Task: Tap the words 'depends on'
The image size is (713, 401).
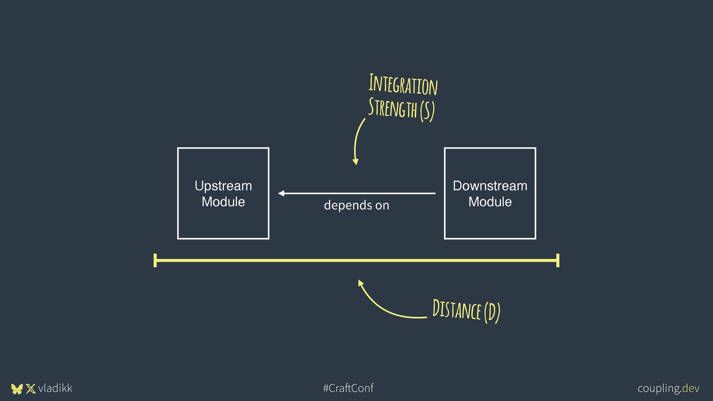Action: (x=356, y=205)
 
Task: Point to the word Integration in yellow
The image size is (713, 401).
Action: (x=403, y=85)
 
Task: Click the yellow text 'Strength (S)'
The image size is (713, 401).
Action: (x=401, y=109)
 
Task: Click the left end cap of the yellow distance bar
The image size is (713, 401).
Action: (x=155, y=260)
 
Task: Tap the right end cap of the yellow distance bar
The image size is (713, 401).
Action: (x=558, y=260)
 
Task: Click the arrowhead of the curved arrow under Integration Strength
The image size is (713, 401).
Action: (x=355, y=162)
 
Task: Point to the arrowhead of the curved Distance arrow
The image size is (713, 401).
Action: (x=360, y=283)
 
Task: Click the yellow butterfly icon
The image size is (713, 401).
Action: (x=17, y=389)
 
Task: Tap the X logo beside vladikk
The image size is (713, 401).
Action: (x=31, y=389)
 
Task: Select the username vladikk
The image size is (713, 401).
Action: (x=55, y=388)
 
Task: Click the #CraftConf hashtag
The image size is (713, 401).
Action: (x=348, y=388)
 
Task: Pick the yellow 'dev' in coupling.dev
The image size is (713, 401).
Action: (x=691, y=388)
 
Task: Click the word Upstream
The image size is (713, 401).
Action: (x=223, y=186)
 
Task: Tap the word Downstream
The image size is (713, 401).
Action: (x=490, y=186)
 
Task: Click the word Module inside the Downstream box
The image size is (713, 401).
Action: (x=490, y=202)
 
